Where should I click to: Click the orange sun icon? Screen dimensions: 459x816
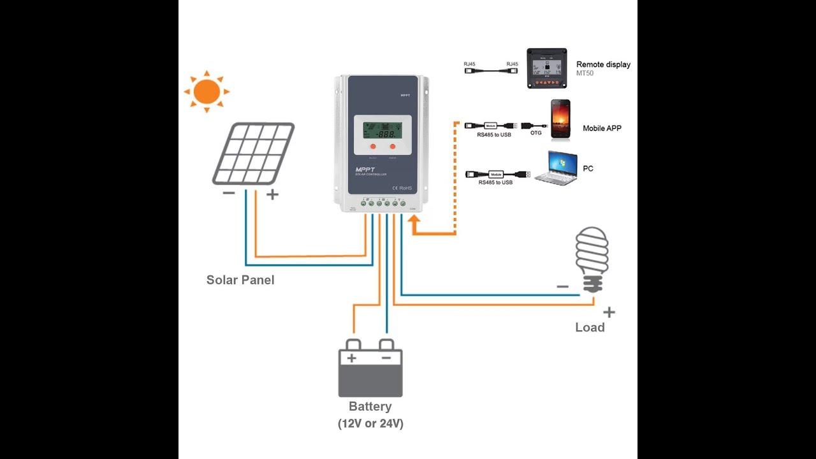coord(207,92)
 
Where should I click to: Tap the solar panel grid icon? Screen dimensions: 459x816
coord(253,154)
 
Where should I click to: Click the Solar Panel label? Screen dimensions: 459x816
coord(240,280)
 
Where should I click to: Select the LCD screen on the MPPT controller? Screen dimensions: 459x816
coord(379,131)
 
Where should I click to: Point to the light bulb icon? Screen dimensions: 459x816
coord(592,258)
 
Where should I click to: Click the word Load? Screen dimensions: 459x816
coord(590,328)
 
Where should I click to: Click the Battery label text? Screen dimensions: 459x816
coord(370,407)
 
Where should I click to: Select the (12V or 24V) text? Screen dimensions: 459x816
coord(370,423)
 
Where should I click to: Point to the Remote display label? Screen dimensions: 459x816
coord(603,64)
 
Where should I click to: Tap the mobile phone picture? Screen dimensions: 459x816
coord(560,120)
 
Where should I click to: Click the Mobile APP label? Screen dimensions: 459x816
coord(602,129)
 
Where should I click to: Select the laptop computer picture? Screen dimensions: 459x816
coord(555,168)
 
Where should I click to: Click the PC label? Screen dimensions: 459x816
coord(588,169)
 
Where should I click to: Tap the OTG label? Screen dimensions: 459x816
coord(536,133)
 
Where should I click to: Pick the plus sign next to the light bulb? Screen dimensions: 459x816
coord(609,312)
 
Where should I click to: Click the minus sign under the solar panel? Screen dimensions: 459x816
coord(229,193)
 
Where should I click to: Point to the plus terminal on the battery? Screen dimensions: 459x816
coord(351,358)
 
